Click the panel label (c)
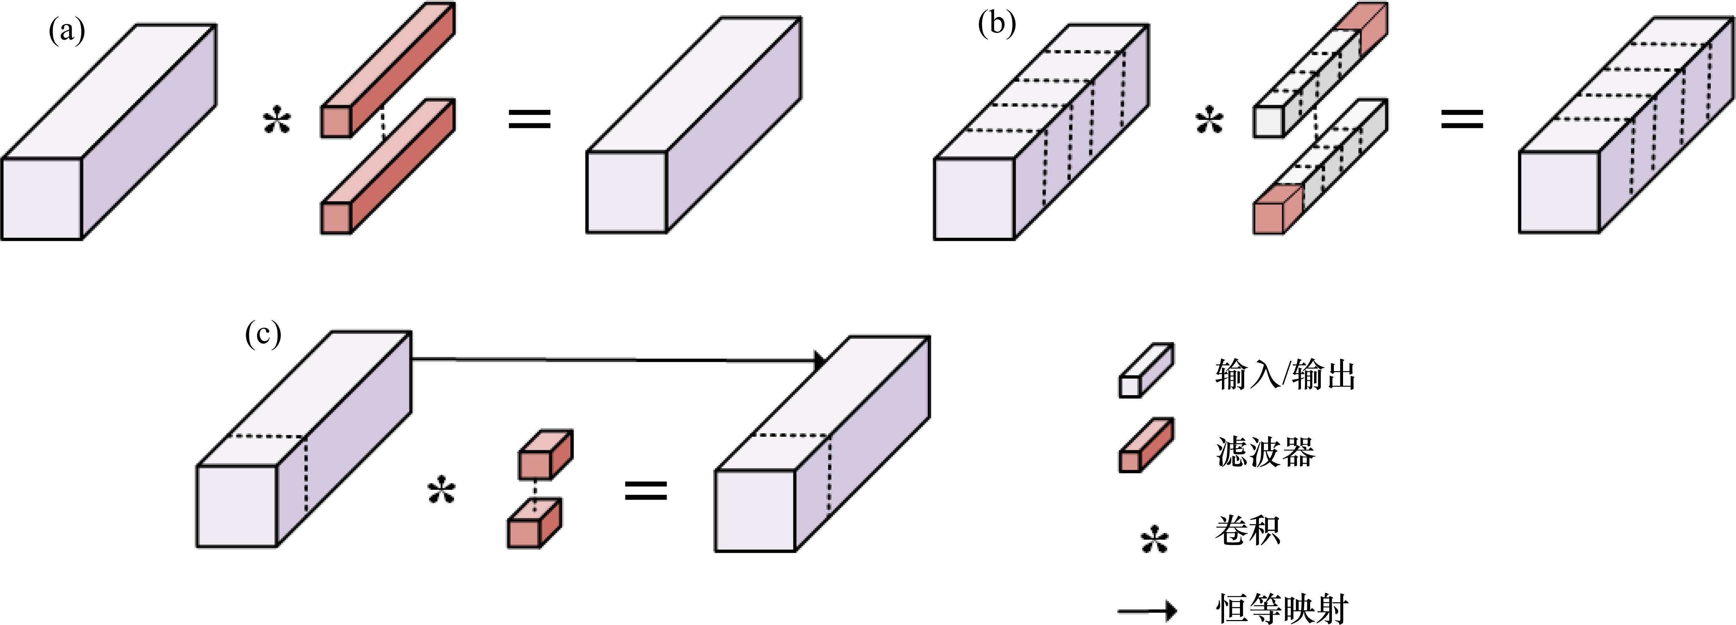263,334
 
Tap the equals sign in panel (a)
529,120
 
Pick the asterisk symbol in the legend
1155,540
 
